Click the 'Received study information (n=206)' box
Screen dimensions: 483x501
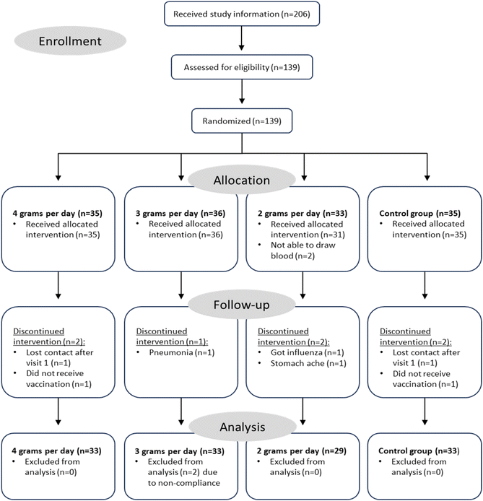[x=242, y=14]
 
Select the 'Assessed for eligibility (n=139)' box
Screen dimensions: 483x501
[x=242, y=67]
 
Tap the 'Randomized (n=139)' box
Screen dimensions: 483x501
[x=242, y=121]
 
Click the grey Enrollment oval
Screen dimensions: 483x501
[x=70, y=41]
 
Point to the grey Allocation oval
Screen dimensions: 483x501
[x=242, y=180]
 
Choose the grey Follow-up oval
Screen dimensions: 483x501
[x=242, y=305]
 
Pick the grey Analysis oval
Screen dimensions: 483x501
[x=243, y=427]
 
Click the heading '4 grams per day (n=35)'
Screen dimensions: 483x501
[x=58, y=213]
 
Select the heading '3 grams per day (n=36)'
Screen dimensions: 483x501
[x=180, y=213]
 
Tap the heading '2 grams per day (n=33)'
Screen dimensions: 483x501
[x=303, y=213]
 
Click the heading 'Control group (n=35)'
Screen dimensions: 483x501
[x=420, y=213]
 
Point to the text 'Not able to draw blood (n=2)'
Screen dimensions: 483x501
[x=303, y=250]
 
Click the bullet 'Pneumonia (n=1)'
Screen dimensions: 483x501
[x=182, y=352]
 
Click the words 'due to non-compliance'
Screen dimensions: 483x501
[x=183, y=477]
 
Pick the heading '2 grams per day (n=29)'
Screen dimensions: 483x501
[x=302, y=451]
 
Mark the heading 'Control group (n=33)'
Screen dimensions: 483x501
[x=419, y=451]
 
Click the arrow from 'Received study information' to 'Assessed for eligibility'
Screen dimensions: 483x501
[x=242, y=38]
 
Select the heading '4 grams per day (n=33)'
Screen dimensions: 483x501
[x=56, y=451]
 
